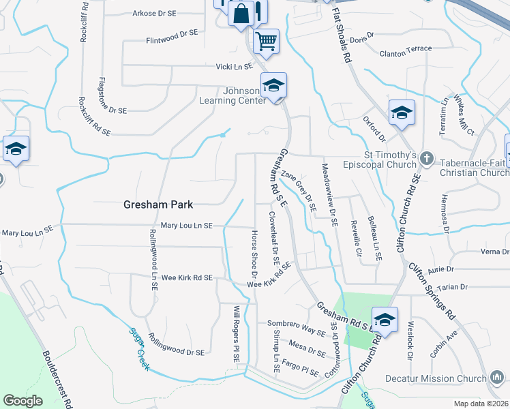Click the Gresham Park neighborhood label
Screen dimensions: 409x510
(158, 204)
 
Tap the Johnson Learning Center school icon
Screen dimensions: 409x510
(273, 86)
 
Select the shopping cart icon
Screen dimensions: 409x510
(266, 40)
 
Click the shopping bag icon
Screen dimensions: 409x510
(241, 14)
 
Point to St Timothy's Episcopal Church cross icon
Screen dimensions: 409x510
(427, 158)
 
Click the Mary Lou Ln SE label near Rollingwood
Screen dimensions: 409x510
(187, 225)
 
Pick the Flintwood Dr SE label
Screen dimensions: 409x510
(172, 32)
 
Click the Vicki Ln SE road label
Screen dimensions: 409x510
(234, 66)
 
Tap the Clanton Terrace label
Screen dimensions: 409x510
(406, 48)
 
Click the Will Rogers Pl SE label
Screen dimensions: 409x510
(237, 333)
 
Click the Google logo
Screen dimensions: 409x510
(22, 400)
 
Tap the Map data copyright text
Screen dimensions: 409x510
(481, 404)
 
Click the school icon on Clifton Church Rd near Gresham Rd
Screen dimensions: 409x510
(385, 320)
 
